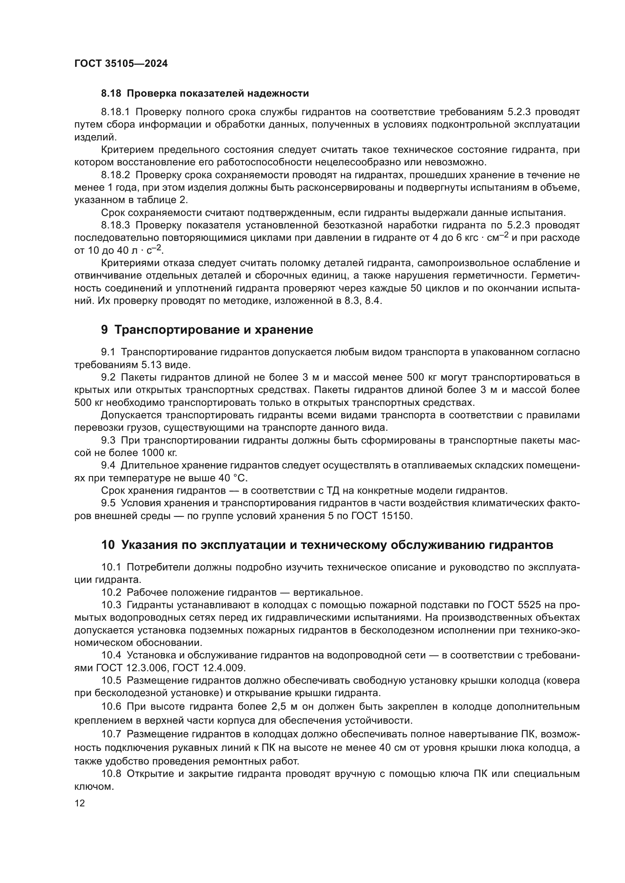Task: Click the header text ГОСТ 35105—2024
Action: [x=121, y=64]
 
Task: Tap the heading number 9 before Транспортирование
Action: [x=105, y=330]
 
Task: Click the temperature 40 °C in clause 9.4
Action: [x=234, y=478]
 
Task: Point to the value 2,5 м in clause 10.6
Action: [x=285, y=707]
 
